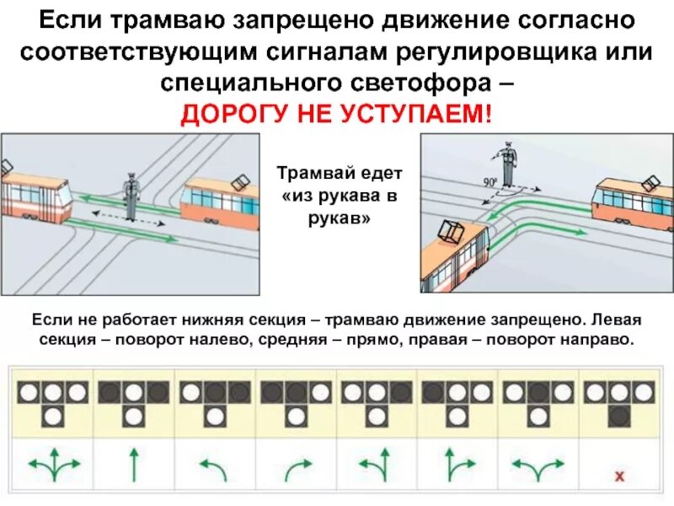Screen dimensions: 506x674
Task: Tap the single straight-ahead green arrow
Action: (133, 463)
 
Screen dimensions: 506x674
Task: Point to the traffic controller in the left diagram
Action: (130, 196)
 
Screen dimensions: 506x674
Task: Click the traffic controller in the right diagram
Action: (507, 164)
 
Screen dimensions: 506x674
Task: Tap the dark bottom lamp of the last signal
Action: (620, 415)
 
